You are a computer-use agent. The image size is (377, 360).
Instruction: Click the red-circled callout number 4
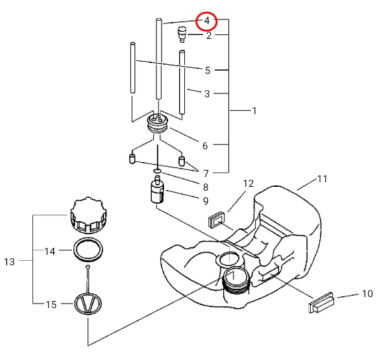pos(207,21)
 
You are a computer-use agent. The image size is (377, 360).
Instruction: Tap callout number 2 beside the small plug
pos(209,36)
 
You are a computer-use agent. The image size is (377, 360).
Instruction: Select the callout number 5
pos(208,71)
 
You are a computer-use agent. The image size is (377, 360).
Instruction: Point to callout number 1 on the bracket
pos(254,111)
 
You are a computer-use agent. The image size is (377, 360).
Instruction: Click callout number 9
pos(206,201)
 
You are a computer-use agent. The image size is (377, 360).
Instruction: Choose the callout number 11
pos(322,179)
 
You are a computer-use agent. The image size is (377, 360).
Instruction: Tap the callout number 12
pos(249,184)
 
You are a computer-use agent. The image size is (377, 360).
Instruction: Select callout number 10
pos(367,294)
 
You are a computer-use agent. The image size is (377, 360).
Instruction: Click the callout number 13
pos(9,261)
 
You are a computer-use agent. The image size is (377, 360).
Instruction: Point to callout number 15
pos(51,305)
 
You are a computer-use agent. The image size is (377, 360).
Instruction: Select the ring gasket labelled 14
pos(88,250)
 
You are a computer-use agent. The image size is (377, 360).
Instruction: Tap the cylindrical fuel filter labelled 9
pos(157,192)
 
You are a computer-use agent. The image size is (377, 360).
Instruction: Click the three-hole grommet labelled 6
pos(158,123)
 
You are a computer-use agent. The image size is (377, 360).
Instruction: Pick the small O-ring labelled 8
pos(157,171)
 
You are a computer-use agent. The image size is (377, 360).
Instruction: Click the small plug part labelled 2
pos(182,34)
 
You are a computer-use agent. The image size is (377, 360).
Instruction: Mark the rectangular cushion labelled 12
pos(216,220)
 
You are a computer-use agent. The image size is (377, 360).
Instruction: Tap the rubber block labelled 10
pos(321,303)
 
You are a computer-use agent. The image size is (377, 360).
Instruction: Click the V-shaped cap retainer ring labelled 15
pos(88,304)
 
